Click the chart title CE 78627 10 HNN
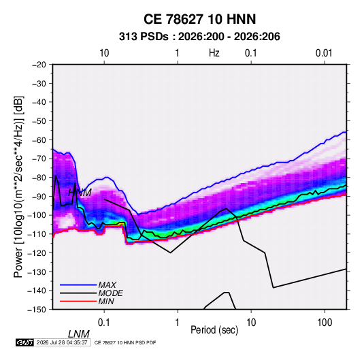[199, 19]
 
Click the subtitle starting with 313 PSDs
[199, 37]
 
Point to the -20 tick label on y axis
[39, 65]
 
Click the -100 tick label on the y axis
[37, 215]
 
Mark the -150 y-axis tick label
[37, 310]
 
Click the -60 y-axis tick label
[39, 140]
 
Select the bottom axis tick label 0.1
[104, 323]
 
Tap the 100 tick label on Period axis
[325, 323]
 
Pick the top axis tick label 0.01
[324, 53]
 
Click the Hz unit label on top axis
[214, 53]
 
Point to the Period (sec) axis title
[214, 330]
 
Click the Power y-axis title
[18, 187]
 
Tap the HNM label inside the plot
[80, 193]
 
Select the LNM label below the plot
[79, 334]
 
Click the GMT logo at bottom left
[25, 342]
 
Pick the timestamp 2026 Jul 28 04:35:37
[62, 342]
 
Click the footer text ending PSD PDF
[125, 342]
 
